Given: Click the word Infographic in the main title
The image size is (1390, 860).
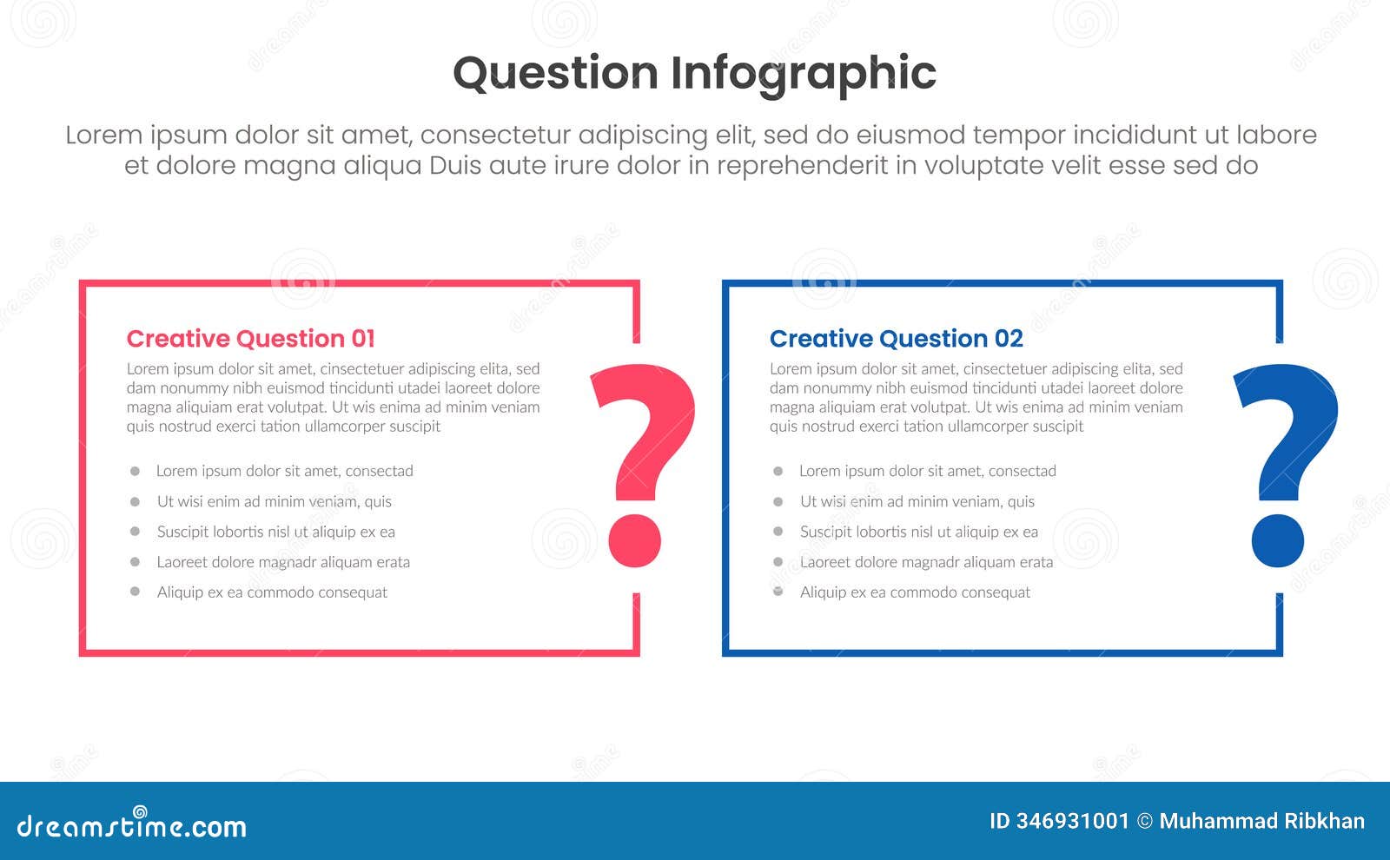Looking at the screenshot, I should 804,73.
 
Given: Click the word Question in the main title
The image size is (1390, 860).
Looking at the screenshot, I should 556,73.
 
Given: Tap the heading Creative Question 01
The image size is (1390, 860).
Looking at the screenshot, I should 250,339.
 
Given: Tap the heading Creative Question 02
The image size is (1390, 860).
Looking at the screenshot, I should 896,339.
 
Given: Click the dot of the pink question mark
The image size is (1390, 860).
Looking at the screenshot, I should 635,540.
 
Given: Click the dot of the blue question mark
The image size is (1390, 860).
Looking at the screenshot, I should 1278,540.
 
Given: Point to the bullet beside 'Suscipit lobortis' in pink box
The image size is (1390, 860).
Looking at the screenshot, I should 135,531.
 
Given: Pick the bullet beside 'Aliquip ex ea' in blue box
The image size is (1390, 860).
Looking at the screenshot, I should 778,592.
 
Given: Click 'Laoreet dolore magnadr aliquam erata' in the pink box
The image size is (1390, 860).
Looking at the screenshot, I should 283,562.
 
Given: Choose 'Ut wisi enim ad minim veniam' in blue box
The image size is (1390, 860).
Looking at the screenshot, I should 917,501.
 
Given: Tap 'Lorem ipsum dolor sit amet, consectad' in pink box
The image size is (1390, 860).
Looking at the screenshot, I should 284,471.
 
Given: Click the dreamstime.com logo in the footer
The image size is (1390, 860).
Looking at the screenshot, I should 132,824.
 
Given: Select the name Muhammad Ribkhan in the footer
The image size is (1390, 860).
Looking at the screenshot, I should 1261,821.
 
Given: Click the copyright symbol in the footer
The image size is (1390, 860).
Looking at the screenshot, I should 1145,821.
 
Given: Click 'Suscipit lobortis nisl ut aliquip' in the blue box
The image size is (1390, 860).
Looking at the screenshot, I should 918,532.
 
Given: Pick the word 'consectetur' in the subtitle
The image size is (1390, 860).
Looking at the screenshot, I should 495,136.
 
